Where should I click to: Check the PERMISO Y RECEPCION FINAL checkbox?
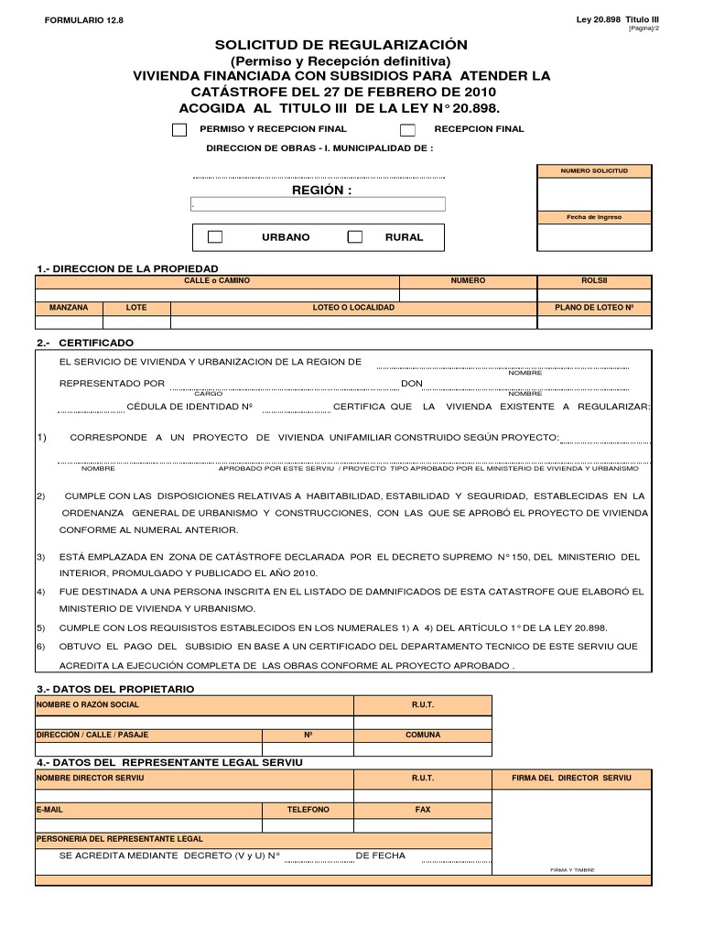179,130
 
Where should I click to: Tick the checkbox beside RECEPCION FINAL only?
408,130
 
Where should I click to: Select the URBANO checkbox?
215,237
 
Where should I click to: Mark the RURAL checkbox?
355,237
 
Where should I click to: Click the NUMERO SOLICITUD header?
594,171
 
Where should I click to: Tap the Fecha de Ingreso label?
594,217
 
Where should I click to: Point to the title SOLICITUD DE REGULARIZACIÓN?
341,45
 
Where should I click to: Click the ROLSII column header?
594,281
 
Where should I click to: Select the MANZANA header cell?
69,308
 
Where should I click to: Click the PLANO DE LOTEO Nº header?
594,308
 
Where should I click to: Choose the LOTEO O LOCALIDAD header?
353,308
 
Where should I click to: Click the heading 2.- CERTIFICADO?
85,343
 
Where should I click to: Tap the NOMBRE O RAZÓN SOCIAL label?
88,704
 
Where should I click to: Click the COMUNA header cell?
423,735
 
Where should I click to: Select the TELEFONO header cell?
308,811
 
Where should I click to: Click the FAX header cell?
423,811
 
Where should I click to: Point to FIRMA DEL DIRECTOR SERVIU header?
572,778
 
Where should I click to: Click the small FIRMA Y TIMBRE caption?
572,870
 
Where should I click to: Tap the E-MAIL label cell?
50,811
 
